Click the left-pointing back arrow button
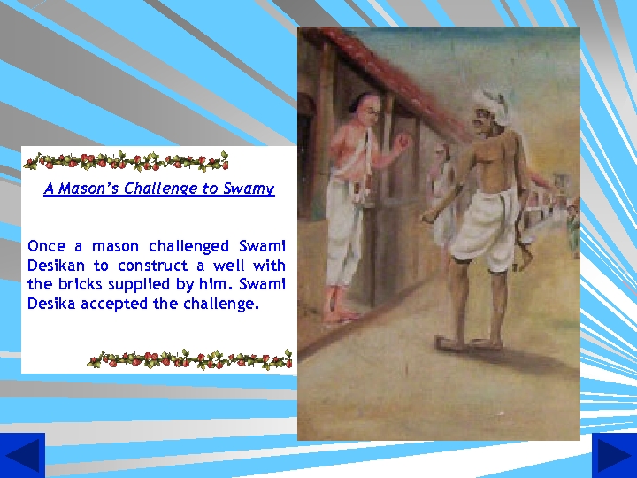tap(22, 455)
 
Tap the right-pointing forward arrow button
tap(614, 455)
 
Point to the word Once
tap(46, 246)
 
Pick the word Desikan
tap(57, 266)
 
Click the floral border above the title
tap(126, 161)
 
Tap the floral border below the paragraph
tap(189, 359)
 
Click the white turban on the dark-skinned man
tap(488, 98)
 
